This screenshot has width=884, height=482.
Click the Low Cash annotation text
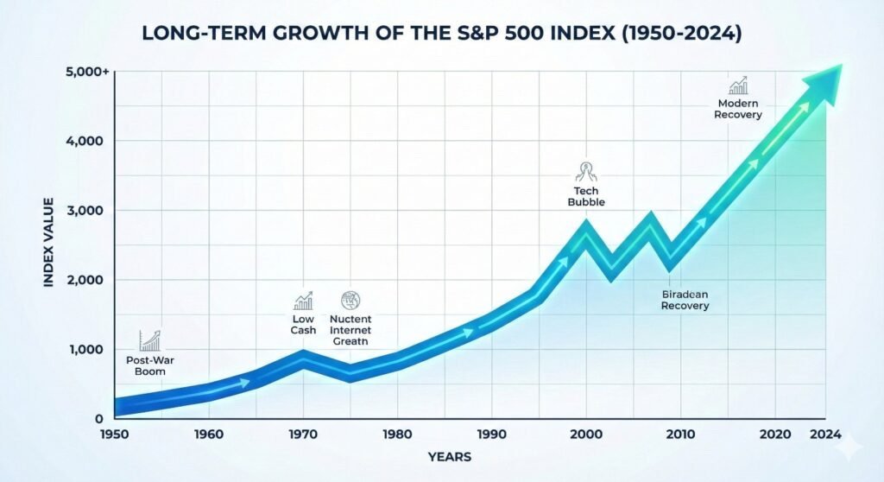point(303,324)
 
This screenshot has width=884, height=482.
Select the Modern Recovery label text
point(738,109)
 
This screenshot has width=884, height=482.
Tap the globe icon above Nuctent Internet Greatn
point(350,300)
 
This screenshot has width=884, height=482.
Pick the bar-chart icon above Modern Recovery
point(738,86)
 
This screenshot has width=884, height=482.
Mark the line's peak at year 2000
point(586,229)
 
